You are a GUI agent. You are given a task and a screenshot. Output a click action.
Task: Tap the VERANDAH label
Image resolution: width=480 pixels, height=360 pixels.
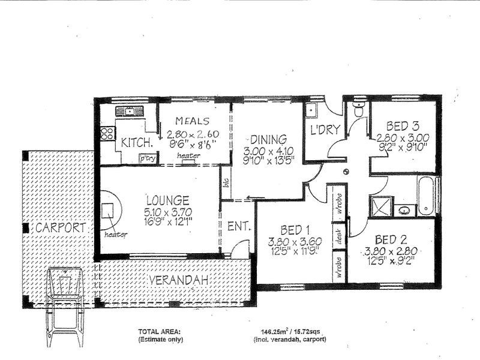click(179, 280)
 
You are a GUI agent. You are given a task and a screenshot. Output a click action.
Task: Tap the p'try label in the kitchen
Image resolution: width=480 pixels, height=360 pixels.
click(146, 159)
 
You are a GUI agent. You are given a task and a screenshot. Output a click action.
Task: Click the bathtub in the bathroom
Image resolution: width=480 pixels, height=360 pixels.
click(427, 195)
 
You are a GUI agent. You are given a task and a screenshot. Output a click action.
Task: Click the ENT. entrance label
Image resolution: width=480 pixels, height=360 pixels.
click(238, 227)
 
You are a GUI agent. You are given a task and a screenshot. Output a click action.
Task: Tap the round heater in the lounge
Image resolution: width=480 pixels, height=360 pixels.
click(109, 211)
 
